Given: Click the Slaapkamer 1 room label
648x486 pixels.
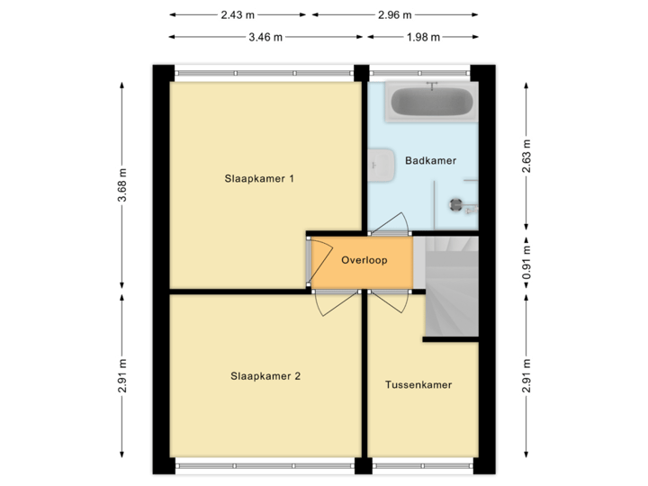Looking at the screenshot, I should click(260, 178).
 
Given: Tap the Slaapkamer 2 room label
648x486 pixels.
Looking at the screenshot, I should click(265, 376).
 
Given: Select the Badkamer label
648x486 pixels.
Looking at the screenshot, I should click(430, 160).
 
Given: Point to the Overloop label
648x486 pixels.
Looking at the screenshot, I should click(364, 261).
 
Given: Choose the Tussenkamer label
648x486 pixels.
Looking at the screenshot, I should click(418, 384).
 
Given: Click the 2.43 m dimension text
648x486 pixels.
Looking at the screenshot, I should click(238, 14).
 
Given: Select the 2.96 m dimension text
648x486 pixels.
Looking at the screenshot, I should click(394, 14).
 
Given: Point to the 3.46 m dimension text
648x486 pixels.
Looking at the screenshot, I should click(265, 37).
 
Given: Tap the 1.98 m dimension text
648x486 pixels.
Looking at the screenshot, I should click(422, 37).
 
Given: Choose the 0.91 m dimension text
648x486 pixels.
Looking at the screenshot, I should click(527, 265).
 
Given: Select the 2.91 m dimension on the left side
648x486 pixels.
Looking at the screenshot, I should click(122, 375).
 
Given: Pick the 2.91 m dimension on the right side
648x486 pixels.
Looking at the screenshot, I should click(527, 375).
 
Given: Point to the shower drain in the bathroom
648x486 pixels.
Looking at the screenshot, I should click(454, 203).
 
